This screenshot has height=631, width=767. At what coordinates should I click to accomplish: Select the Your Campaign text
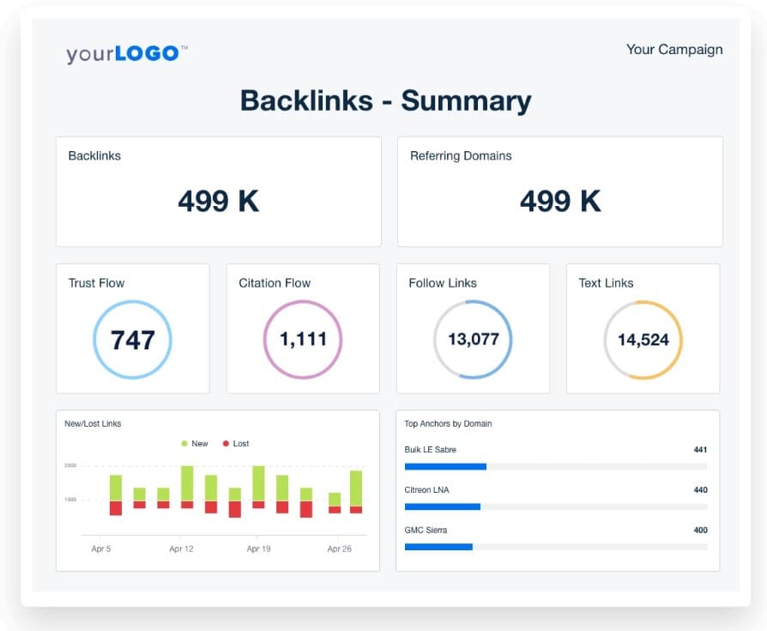(x=673, y=49)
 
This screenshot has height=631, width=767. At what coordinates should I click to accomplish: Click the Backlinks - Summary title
(x=385, y=100)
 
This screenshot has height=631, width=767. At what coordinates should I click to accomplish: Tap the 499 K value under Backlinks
(x=218, y=201)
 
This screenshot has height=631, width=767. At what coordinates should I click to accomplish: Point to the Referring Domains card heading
(x=461, y=156)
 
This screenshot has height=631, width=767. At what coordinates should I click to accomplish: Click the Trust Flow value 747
(x=132, y=339)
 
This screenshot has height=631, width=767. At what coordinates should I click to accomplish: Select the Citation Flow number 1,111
(x=303, y=339)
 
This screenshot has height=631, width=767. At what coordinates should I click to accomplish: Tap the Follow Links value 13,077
(x=473, y=339)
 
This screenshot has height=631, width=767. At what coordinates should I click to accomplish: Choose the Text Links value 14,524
(x=643, y=340)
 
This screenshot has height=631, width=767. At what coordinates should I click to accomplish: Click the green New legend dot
(x=184, y=444)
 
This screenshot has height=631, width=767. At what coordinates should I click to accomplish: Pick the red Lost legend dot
(x=226, y=444)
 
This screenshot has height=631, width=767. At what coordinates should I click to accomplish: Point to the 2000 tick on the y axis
(x=69, y=465)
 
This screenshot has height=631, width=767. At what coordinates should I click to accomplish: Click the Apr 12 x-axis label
(x=181, y=549)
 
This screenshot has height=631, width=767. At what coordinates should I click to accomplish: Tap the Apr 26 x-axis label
(x=339, y=549)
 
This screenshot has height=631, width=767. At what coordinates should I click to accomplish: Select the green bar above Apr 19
(x=258, y=483)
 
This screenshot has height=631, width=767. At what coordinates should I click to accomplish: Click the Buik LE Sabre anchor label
(x=430, y=450)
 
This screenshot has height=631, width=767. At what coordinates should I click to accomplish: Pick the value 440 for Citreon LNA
(x=700, y=489)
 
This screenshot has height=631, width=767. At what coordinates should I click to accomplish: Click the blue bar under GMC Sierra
(x=438, y=547)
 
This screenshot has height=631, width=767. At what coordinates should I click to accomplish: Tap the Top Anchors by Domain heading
(x=448, y=424)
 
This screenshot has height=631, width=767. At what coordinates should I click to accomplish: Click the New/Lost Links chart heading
(x=93, y=424)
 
